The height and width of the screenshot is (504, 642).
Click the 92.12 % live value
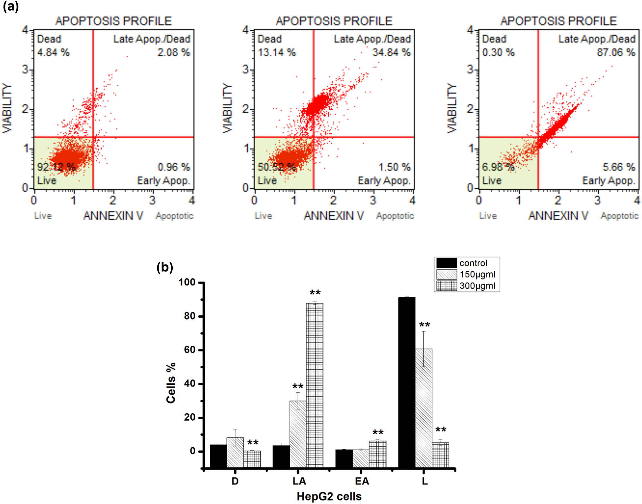click(56, 167)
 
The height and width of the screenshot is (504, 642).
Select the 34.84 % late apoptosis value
click(391, 52)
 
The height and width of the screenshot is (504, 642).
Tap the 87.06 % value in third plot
click(616, 52)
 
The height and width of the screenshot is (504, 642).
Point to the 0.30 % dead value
click(498, 52)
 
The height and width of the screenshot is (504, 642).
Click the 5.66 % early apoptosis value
click(619, 167)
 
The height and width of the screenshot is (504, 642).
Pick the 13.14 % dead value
click(276, 52)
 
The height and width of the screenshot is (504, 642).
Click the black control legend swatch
click(446, 263)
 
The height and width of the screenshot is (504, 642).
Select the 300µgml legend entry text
click(477, 286)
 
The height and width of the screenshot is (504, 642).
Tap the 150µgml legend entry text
click(477, 274)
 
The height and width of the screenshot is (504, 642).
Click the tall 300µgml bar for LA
click(315, 385)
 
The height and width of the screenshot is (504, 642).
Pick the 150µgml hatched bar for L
click(423, 407)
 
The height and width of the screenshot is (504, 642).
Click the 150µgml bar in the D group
click(235, 452)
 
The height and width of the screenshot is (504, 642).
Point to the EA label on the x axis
click(362, 481)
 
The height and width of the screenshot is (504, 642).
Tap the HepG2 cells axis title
click(329, 496)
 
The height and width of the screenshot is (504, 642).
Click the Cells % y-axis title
click(171, 383)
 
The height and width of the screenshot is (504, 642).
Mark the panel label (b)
click(165, 267)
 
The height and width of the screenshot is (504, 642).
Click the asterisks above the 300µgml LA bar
click(315, 293)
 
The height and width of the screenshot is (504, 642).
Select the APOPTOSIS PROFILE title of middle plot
click(334, 21)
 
